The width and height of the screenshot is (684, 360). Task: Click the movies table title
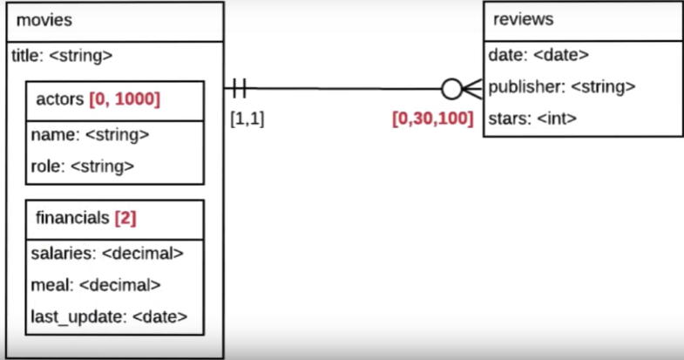[x=44, y=20]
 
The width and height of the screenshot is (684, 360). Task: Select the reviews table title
[x=524, y=19]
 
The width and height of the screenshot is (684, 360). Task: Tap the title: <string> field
[x=62, y=56]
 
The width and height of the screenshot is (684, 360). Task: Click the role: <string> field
[x=83, y=166]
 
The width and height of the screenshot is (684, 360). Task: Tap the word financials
[x=73, y=218]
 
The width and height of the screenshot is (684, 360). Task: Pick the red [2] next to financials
[x=125, y=218]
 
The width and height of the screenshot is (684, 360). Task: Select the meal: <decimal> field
[x=96, y=284]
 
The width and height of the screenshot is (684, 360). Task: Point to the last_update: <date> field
[x=109, y=316]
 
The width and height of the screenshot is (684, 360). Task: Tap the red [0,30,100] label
[x=432, y=119]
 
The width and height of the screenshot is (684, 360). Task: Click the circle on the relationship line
[x=452, y=88]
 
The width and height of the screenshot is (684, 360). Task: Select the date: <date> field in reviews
[x=538, y=55]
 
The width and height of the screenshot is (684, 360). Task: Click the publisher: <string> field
[x=561, y=86]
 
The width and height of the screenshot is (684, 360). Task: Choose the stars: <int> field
[x=533, y=118]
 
